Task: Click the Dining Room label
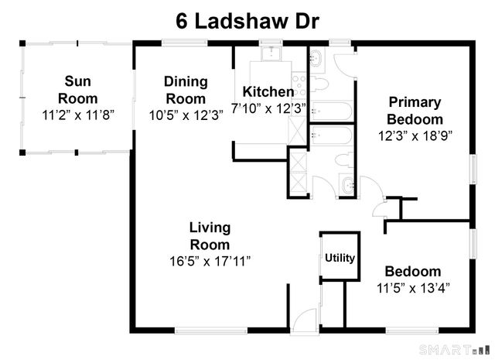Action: pyautogui.click(x=186, y=89)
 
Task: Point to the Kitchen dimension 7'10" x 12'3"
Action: pyautogui.click(x=269, y=108)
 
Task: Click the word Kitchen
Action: pyautogui.click(x=268, y=91)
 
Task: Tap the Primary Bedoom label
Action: pyautogui.click(x=415, y=110)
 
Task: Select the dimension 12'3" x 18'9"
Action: pyautogui.click(x=415, y=134)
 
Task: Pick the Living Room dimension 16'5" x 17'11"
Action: pyautogui.click(x=210, y=261)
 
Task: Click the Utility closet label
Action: pyautogui.click(x=340, y=258)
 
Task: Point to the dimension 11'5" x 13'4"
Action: pyautogui.click(x=412, y=287)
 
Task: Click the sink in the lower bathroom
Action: pyautogui.click(x=348, y=185)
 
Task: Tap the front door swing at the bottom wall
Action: pyautogui.click(x=306, y=320)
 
